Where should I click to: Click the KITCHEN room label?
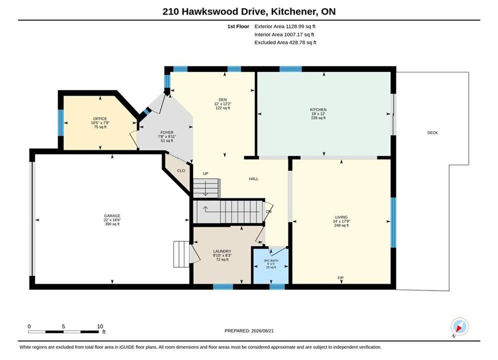tap(318, 109)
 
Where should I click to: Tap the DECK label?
tap(432, 132)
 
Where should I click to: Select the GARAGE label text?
tap(112, 215)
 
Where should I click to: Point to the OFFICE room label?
tap(100, 118)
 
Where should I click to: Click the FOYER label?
tap(167, 132)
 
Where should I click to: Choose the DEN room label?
tap(223, 99)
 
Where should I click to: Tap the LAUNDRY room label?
tap(222, 251)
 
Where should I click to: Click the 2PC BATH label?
tap(271, 260)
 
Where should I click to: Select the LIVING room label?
tap(341, 217)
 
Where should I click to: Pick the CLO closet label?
tap(181, 170)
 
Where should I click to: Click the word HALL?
tap(253, 179)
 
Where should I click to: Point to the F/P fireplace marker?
tap(340, 278)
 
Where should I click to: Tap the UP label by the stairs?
tap(206, 173)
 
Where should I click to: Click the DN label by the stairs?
tap(269, 211)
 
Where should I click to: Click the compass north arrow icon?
tap(459, 326)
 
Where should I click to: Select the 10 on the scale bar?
tap(100, 326)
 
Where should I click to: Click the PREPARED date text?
tap(249, 331)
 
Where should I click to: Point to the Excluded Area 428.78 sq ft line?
tap(285, 42)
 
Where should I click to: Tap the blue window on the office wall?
tap(61, 122)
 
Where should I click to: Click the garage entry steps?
tap(181, 254)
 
